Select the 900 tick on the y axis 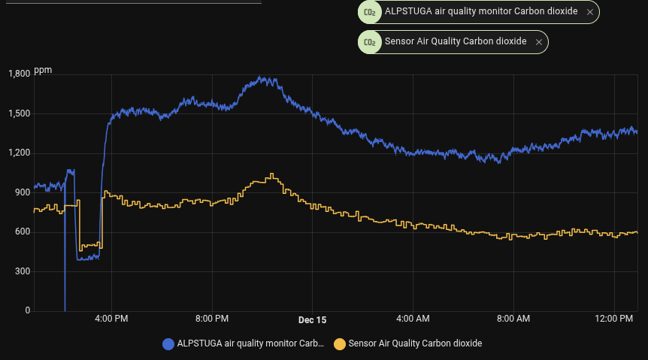tap(23, 192)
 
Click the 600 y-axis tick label tap(23, 231)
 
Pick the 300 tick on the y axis tap(23, 271)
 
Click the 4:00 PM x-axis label tap(111, 319)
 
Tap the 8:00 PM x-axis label tap(212, 319)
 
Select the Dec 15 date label tap(312, 319)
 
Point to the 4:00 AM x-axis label tap(413, 319)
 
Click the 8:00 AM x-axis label tap(514, 319)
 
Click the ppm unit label tap(43, 70)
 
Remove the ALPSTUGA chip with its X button tap(590, 12)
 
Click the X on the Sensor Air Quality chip tap(538, 42)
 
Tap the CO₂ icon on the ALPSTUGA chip tap(369, 12)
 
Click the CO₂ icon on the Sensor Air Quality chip tap(369, 42)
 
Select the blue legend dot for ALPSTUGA tap(168, 343)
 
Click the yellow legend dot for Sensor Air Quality tap(340, 343)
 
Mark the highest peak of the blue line tap(260, 77)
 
